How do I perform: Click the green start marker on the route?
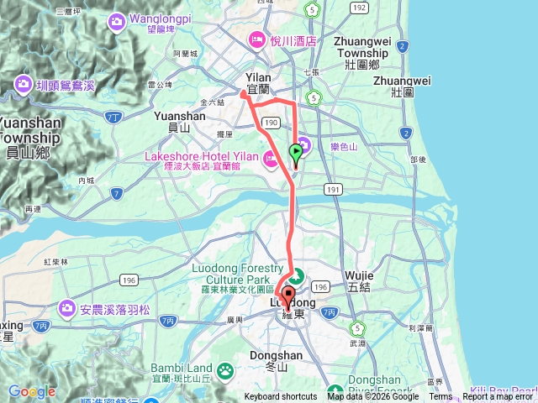(296, 153)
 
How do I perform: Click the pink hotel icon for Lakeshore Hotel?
(272, 157)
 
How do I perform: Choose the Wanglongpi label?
(166, 18)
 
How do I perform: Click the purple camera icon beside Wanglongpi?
(113, 19)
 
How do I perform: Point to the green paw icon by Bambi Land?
(224, 369)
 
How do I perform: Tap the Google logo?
(32, 391)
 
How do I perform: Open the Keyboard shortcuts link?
(281, 397)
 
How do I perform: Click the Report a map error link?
(499, 397)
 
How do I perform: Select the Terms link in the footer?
(440, 397)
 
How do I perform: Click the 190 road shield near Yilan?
(271, 123)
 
